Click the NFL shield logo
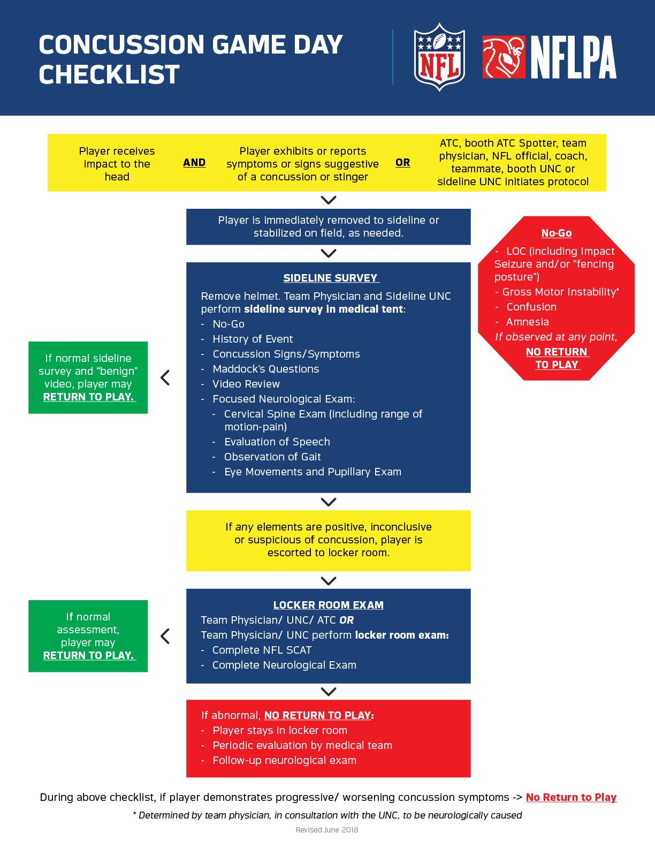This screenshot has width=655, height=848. tap(439, 57)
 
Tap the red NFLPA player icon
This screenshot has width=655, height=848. tap(504, 57)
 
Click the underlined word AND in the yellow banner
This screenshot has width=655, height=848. tap(194, 163)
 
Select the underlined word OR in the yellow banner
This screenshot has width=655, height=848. tap(403, 163)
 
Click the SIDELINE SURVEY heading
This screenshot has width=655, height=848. tap(331, 278)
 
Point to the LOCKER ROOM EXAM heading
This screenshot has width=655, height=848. tap(329, 605)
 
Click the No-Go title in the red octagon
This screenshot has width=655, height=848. tap(557, 233)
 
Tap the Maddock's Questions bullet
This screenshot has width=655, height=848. tap(265, 369)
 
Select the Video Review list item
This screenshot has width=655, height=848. tap(246, 384)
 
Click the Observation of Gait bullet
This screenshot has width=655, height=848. tap(272, 457)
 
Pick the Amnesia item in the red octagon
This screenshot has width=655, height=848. tap(527, 322)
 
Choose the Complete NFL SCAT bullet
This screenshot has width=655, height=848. tap(262, 650)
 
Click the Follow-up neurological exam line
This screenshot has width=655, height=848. tap(284, 760)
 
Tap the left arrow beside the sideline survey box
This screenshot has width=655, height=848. tap(165, 377)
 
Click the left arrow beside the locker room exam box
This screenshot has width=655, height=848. tap(165, 636)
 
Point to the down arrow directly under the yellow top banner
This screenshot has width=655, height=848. tap(328, 200)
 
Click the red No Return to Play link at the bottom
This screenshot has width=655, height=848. tap(571, 797)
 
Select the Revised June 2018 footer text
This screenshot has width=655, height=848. tap(327, 830)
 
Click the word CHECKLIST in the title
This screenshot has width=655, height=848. tap(109, 74)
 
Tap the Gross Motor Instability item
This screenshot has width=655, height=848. tap(560, 292)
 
